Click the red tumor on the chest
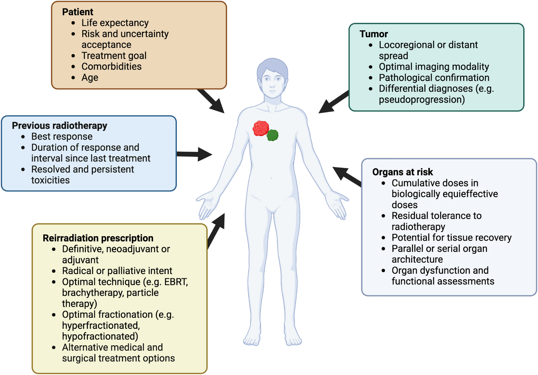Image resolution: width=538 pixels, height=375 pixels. tap(261, 128)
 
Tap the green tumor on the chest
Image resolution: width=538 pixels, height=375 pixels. tap(273, 135)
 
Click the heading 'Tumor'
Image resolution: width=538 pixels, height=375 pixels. tap(374, 34)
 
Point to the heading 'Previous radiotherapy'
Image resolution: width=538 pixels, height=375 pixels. tap(59, 126)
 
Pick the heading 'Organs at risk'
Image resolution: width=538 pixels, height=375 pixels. tap(402, 172)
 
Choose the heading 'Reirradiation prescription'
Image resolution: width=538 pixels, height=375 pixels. tap(98, 238)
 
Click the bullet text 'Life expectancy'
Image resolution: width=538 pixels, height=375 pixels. tap(115, 23)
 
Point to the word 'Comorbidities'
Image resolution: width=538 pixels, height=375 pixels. tap(112, 67)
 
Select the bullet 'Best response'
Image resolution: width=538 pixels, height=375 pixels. tap(62, 136)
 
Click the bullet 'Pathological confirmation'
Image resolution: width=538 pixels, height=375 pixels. tap(434, 78)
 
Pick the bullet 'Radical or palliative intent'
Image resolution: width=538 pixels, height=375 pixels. tap(117, 271)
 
